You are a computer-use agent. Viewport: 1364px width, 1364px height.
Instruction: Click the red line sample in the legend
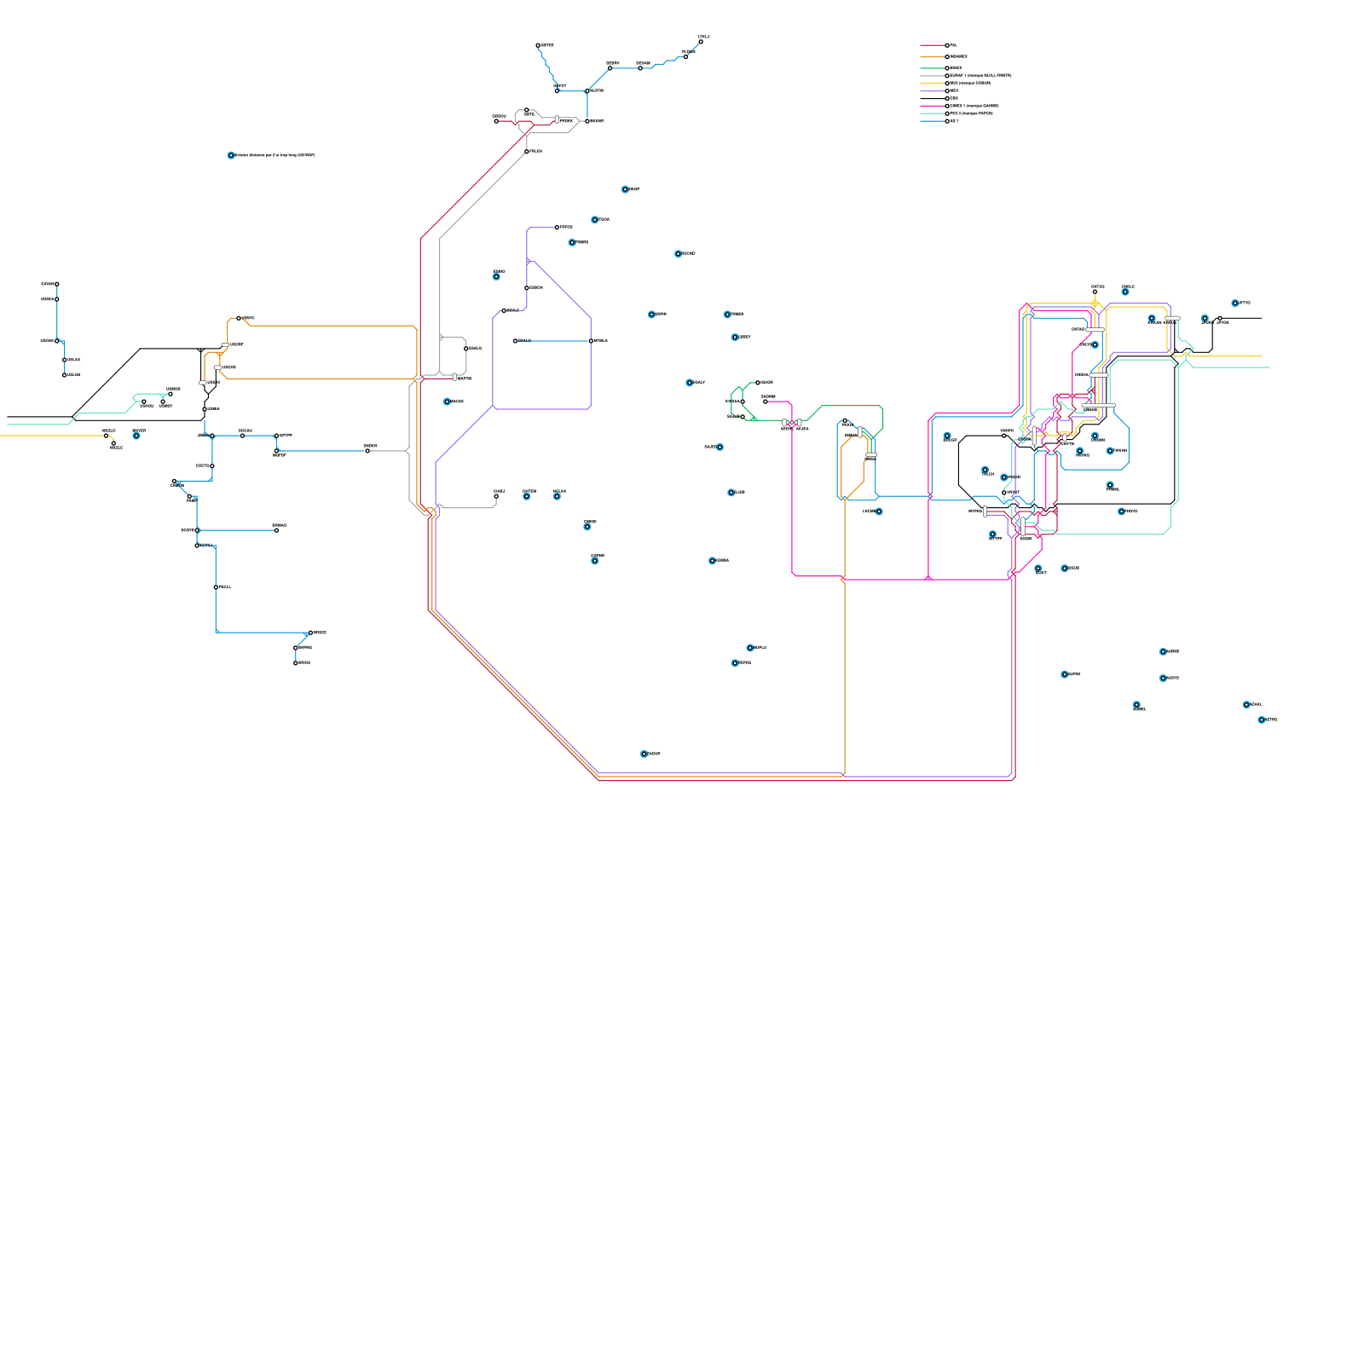click(933, 45)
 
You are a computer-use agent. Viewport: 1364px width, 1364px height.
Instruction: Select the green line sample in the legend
click(933, 68)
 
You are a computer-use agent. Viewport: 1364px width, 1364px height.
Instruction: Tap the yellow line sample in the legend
click(933, 84)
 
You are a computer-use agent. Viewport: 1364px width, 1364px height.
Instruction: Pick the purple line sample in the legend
click(933, 91)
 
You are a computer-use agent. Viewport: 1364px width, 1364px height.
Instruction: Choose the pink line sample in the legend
click(933, 106)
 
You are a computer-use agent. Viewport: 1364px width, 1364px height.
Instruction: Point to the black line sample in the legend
click(933, 99)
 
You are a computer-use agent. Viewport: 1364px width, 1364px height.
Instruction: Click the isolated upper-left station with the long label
click(231, 155)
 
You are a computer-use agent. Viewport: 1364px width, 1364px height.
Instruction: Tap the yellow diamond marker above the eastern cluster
click(1095, 303)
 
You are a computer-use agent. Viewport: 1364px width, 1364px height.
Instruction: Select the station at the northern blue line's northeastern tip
click(701, 41)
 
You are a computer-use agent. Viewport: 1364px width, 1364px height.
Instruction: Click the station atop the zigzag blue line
click(538, 45)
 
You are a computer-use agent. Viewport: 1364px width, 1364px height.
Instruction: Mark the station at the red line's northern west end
click(496, 121)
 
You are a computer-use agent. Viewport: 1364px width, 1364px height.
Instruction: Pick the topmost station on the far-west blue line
click(57, 284)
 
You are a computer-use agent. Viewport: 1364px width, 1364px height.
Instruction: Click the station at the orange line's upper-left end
click(239, 318)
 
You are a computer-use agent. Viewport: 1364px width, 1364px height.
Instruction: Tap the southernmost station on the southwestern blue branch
click(296, 662)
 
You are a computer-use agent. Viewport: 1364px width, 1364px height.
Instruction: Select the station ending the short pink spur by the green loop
click(766, 402)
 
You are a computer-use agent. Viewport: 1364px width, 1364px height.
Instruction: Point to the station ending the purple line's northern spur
click(558, 228)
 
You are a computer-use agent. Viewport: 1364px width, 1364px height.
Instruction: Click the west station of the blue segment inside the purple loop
click(516, 341)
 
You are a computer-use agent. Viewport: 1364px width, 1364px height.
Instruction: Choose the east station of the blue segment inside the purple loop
click(591, 341)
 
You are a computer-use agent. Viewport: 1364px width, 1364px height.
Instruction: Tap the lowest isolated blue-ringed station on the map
click(644, 754)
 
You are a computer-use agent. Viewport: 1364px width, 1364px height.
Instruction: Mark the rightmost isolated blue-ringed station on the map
click(1262, 720)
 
